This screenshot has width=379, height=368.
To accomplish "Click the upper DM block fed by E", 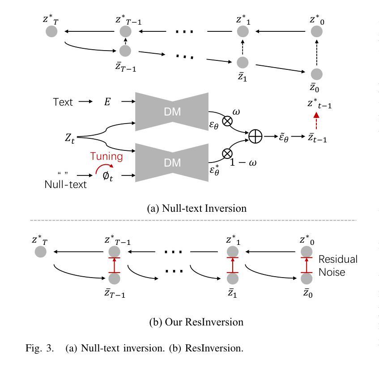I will click(172, 112).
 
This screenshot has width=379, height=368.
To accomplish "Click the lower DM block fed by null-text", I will click(172, 163).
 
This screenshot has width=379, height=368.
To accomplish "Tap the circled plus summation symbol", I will click(255, 137).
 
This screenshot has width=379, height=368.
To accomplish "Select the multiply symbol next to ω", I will click(227, 120).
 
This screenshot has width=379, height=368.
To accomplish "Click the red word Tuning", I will click(106, 156).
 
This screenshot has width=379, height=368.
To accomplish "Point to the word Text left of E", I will click(63, 102).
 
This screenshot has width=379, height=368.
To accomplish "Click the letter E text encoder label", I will click(107, 102).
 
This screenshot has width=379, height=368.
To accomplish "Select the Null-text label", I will click(65, 184).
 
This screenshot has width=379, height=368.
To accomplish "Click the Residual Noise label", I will click(338, 265).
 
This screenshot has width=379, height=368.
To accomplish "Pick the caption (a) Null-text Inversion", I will click(196, 208).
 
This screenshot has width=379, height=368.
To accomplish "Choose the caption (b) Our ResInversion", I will click(196, 322).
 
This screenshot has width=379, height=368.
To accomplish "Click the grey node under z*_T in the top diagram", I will click(51, 31).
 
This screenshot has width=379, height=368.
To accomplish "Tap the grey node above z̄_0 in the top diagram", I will click(316, 74).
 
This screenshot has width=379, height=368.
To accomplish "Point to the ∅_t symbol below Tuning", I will click(108, 175).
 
